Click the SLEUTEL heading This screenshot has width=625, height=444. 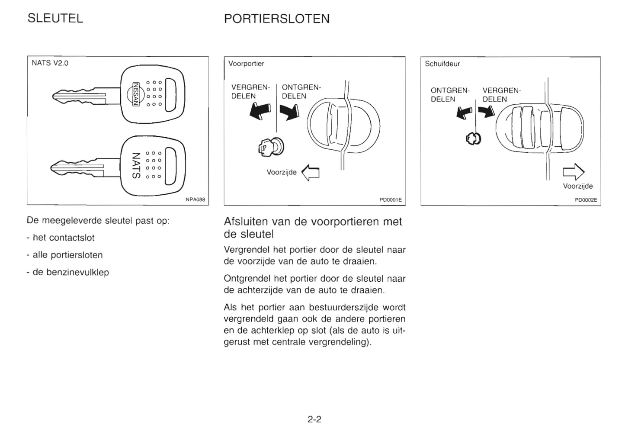(x=55, y=19)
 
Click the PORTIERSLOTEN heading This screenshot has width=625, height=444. (x=277, y=19)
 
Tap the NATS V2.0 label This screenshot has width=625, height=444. (x=50, y=63)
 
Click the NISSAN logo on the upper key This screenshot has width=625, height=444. (x=135, y=93)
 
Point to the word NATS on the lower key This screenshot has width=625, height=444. (x=136, y=165)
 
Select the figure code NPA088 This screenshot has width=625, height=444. (x=195, y=200)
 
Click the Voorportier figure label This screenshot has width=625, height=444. (x=246, y=64)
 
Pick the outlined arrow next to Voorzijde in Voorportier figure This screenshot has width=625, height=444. (x=310, y=172)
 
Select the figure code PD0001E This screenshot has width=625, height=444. (x=391, y=200)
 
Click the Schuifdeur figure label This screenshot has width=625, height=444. (x=442, y=64)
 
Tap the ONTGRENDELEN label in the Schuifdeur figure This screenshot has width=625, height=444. (x=450, y=95)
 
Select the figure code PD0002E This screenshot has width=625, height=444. (x=586, y=200)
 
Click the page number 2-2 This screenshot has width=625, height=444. (x=314, y=419)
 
